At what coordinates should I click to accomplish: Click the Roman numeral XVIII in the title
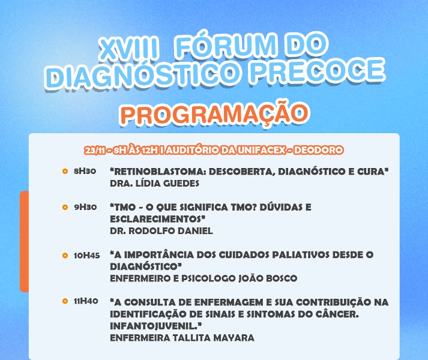(128, 49)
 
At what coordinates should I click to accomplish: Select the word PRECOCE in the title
(317, 70)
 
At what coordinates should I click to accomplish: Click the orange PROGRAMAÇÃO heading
(214, 113)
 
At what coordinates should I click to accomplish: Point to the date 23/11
(95, 151)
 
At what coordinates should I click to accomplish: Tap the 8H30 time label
(85, 171)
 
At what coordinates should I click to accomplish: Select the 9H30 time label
(85, 207)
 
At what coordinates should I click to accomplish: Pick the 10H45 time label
(87, 256)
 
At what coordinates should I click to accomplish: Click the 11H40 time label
(86, 301)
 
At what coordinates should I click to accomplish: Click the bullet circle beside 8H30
(65, 172)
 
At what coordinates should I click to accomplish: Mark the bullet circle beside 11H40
(65, 301)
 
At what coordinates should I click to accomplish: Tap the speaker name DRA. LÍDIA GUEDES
(154, 184)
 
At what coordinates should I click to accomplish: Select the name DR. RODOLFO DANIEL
(161, 231)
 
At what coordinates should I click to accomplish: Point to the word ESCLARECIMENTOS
(157, 219)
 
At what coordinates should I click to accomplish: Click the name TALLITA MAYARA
(214, 338)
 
